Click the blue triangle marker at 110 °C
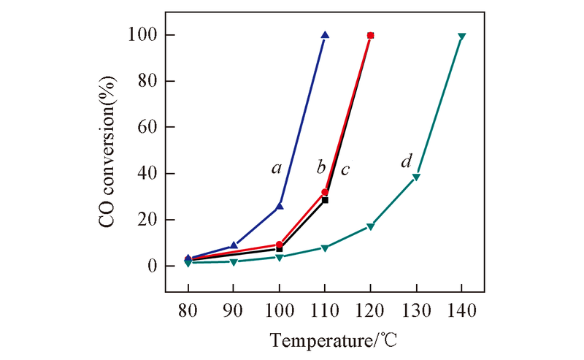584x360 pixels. (x=325, y=35)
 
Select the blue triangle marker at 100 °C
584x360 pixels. (x=280, y=206)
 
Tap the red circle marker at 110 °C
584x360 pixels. (x=325, y=192)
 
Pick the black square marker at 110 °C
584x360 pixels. (x=325, y=199)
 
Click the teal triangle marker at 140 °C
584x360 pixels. (x=461, y=37)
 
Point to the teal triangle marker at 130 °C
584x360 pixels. (x=416, y=177)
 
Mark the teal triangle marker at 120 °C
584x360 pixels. (x=371, y=227)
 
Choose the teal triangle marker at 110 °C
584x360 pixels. (x=325, y=248)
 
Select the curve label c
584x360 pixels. (x=345, y=169)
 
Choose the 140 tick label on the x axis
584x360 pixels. (x=461, y=310)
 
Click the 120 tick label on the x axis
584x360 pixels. (x=371, y=310)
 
